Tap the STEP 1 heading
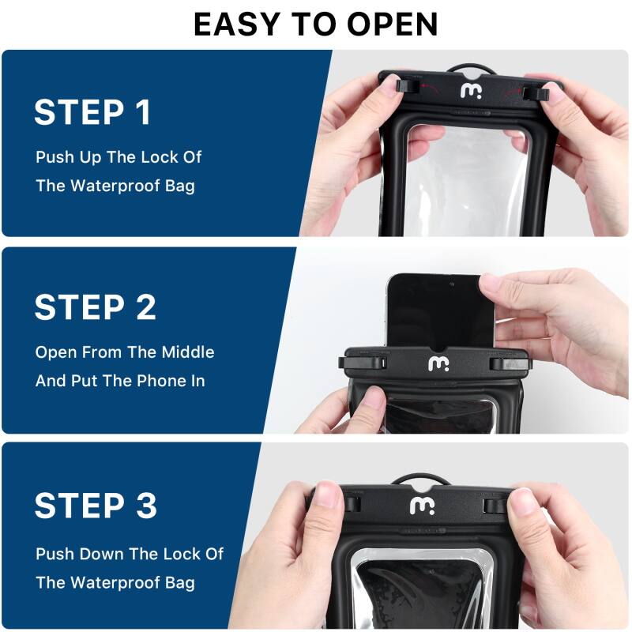[x=92, y=113]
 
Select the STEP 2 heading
[x=96, y=308]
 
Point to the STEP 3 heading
[x=96, y=505]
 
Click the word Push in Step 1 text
[x=55, y=157]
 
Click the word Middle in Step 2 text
[x=188, y=352]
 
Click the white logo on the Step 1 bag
[x=471, y=91]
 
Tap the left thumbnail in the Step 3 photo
[x=325, y=498]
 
